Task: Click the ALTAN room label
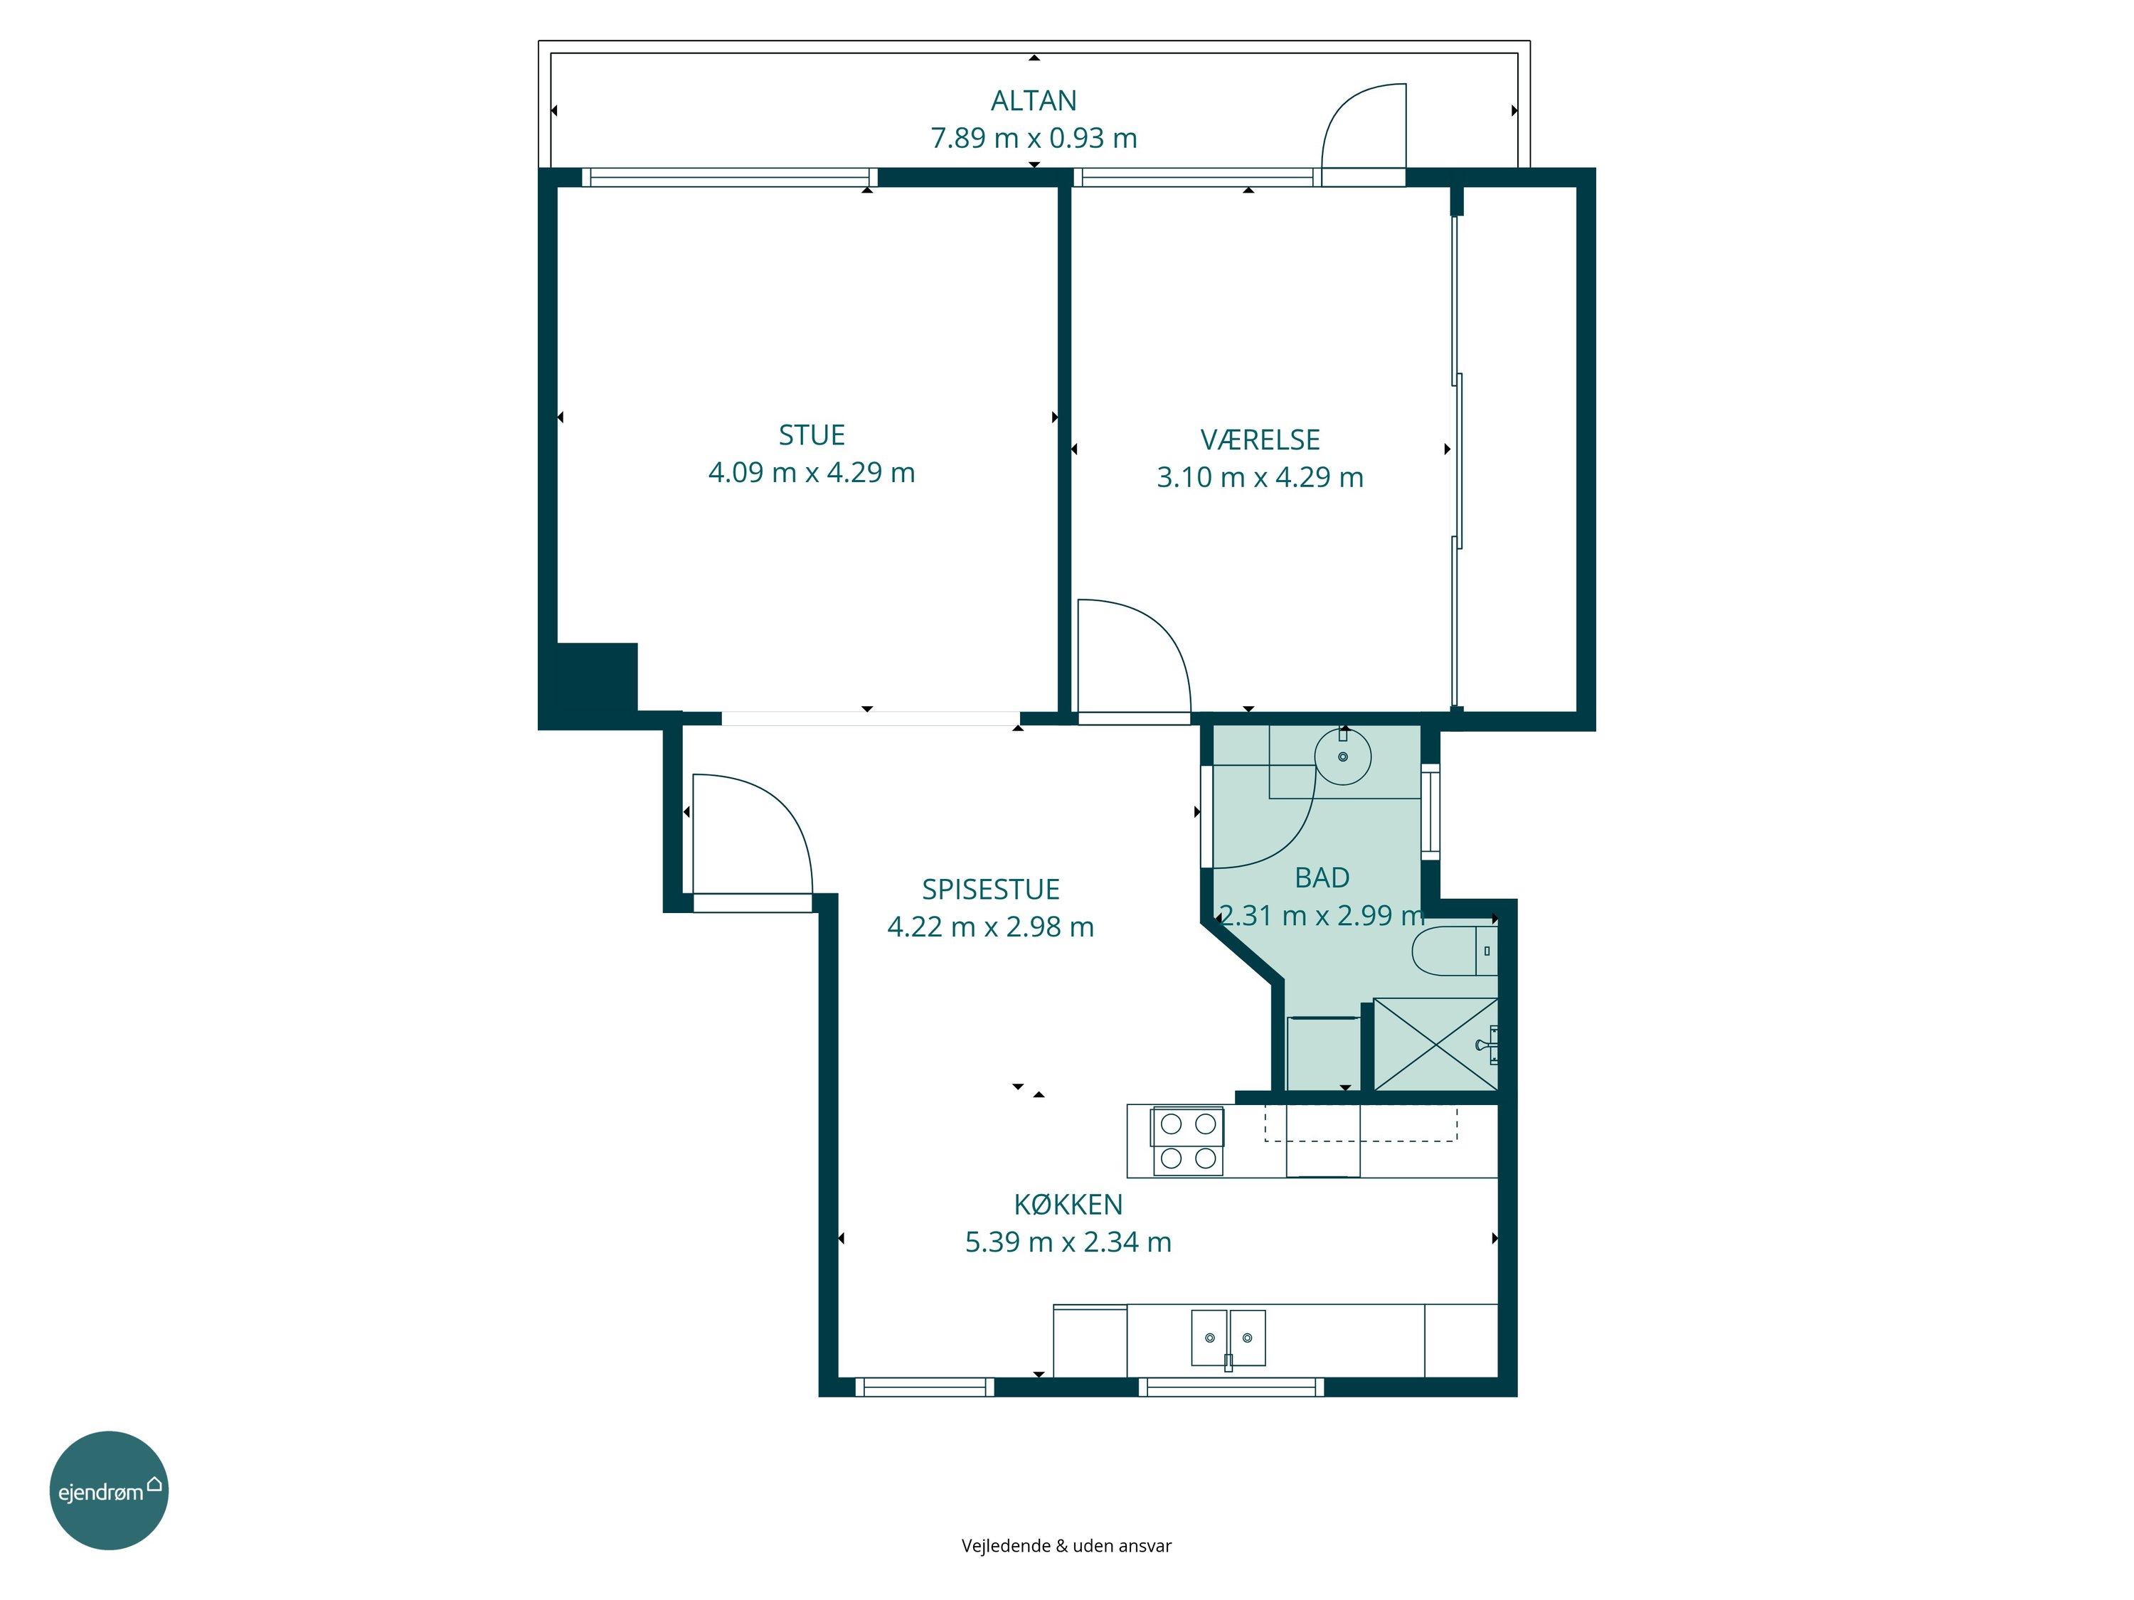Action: click(x=1034, y=100)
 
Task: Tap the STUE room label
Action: click(x=812, y=435)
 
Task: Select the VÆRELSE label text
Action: click(x=1260, y=439)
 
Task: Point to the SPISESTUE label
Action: click(x=991, y=889)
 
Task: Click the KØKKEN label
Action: click(x=1068, y=1205)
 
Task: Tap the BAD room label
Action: click(x=1322, y=878)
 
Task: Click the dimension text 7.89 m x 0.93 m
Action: click(x=1034, y=138)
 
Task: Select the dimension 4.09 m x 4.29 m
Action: click(x=812, y=473)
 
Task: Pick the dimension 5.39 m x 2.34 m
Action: click(x=1068, y=1242)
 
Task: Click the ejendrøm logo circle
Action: click(x=109, y=1490)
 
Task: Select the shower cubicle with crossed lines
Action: click(x=1435, y=1045)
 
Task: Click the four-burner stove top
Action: click(x=1188, y=1141)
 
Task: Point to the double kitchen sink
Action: click(x=1228, y=1338)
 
